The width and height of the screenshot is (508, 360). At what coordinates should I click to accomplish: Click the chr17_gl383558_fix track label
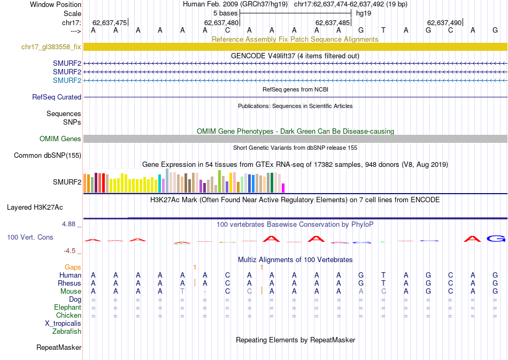coord(51,47)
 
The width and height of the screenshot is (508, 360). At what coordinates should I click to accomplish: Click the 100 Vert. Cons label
coord(31,236)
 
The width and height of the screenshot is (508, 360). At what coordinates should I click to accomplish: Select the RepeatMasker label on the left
coord(59,348)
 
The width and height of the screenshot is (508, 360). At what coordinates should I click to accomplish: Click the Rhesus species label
coord(70,283)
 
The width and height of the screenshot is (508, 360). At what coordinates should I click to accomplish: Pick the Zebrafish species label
coord(67,331)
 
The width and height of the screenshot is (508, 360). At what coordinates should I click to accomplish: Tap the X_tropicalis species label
coord(63,323)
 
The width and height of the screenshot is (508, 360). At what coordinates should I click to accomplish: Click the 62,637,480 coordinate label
coord(221,22)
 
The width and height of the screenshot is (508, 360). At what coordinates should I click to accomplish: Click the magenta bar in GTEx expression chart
coord(283,188)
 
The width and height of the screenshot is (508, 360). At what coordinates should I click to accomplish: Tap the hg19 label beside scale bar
coord(364,13)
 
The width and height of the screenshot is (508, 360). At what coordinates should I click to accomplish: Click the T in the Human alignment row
coord(383,275)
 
